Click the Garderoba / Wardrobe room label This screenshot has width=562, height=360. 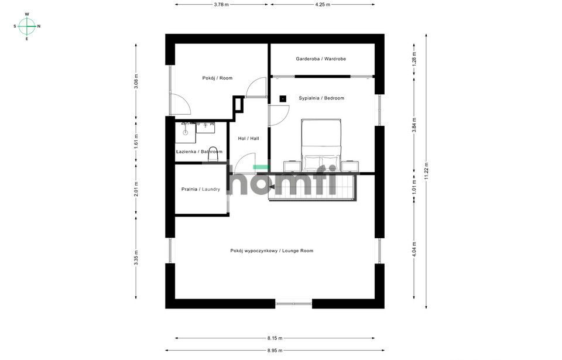click(321, 59)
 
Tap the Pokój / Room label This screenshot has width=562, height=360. click(217, 78)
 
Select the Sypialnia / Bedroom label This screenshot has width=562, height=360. click(321, 98)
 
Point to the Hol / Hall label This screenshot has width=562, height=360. click(248, 138)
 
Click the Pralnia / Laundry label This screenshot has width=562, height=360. click(201, 189)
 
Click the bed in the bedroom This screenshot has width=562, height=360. click(321, 145)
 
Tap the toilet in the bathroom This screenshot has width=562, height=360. click(213, 154)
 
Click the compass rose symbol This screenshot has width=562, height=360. click(27, 26)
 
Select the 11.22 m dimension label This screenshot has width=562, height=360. click(426, 172)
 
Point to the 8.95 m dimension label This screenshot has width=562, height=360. click(275, 350)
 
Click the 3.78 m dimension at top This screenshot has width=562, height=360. click(221, 5)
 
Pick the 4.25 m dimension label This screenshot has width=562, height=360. click(323, 5)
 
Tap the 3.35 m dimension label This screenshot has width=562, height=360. click(136, 257)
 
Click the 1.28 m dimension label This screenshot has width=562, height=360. click(414, 59)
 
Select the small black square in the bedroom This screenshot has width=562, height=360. click(283, 98)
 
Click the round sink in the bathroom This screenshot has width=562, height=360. click(186, 132)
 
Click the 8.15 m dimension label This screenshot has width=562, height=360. click(275, 338)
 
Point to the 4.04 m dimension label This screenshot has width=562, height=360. click(414, 248)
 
